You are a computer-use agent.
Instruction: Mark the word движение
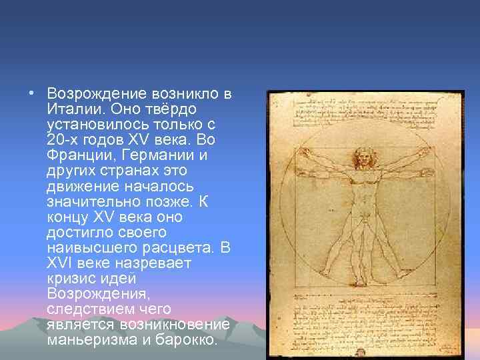pyautogui.click(x=85, y=185)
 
